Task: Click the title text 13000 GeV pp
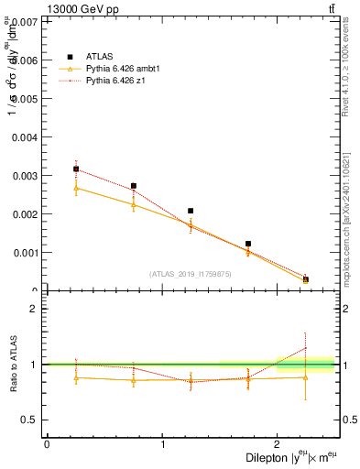pos(78,10)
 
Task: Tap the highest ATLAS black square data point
pos(76,169)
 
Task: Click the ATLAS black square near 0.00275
pos(134,186)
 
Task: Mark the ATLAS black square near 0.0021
pos(191,211)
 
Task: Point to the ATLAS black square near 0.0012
pos(248,244)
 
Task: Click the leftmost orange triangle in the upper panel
pos(76,188)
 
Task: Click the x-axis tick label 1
pos(163,444)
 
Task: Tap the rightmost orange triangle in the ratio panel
pos(306,377)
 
